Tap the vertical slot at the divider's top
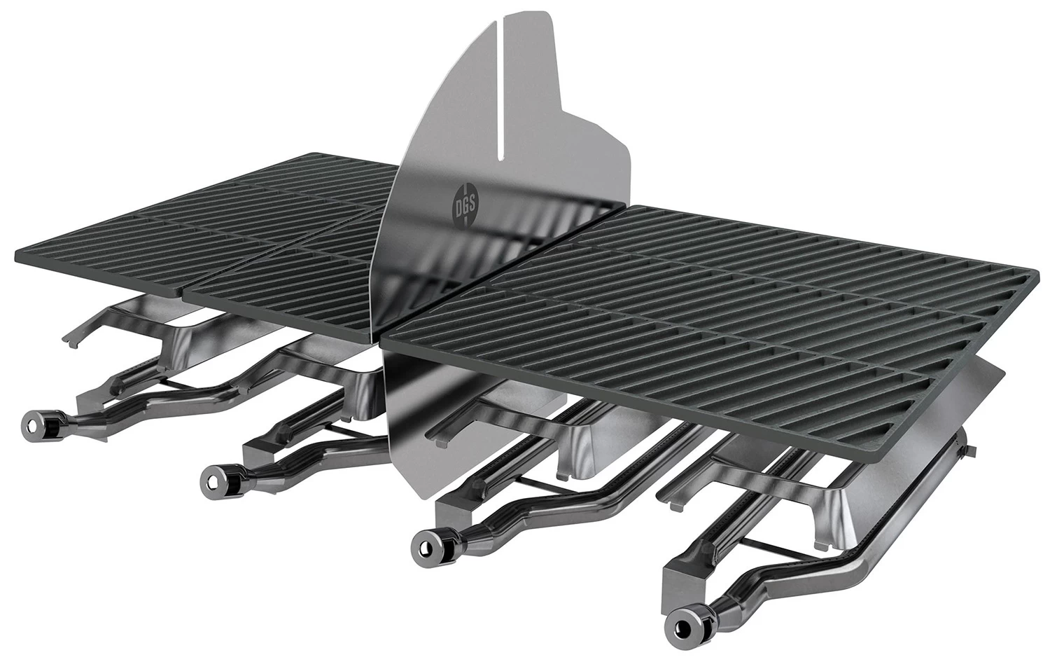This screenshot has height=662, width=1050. tap(502, 84)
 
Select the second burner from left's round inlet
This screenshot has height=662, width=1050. tap(212, 481)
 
